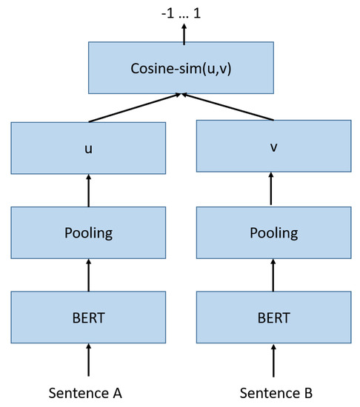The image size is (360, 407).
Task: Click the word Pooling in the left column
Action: (x=88, y=233)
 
